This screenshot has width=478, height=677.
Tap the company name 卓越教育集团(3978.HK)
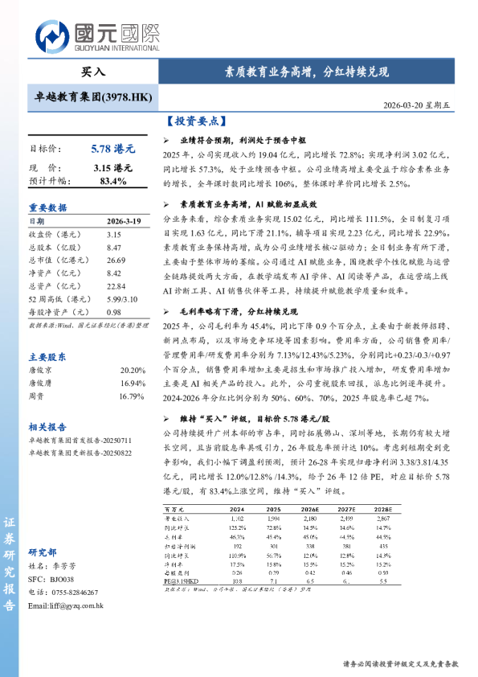tap(93, 96)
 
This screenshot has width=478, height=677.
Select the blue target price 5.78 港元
tap(113, 149)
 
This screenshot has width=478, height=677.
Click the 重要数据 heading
tap(48, 207)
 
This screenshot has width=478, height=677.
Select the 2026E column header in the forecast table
tap(309, 509)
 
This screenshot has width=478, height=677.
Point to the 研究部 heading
tap(43, 552)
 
